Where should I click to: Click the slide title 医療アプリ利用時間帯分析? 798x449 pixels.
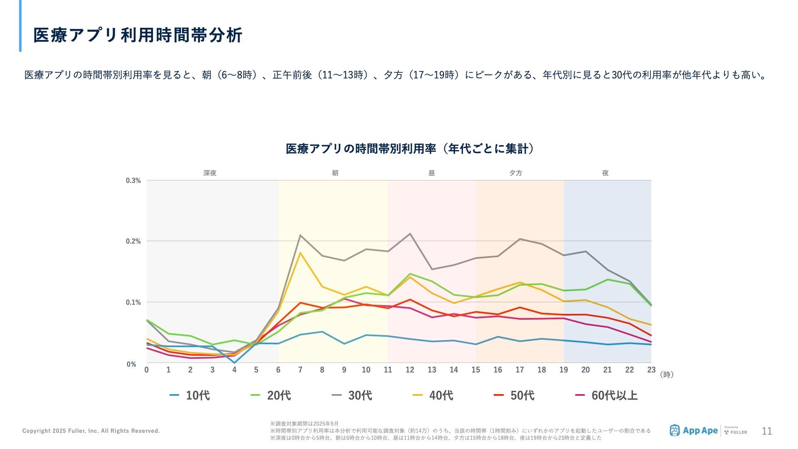[138, 35]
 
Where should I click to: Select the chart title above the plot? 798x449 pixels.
[410, 149]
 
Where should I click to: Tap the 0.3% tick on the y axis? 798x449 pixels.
[133, 180]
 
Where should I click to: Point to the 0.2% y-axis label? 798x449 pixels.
[133, 241]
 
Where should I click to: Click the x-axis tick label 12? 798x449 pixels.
[410, 370]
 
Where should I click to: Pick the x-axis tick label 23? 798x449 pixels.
[651, 370]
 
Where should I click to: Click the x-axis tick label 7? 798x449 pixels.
[300, 370]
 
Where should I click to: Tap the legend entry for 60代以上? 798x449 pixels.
[606, 395]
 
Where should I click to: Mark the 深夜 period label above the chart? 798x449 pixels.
[210, 173]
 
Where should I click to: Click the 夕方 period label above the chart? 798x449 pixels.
[516, 173]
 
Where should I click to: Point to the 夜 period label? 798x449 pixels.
[605, 173]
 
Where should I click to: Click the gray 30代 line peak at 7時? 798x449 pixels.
[300, 235]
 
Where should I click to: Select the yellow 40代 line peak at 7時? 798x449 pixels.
[300, 253]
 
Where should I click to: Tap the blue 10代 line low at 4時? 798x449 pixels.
[234, 363]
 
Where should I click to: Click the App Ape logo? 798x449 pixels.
[694, 431]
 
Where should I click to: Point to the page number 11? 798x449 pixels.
[767, 431]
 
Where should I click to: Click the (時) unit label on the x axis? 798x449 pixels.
[667, 375]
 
